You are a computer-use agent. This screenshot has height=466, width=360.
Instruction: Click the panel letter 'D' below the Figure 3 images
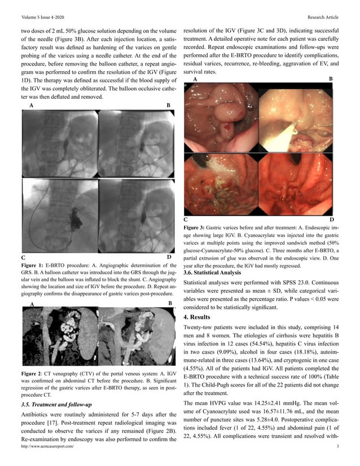[x=332, y=218]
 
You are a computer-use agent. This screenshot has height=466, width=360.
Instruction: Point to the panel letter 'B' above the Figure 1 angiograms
[x=168, y=105]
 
